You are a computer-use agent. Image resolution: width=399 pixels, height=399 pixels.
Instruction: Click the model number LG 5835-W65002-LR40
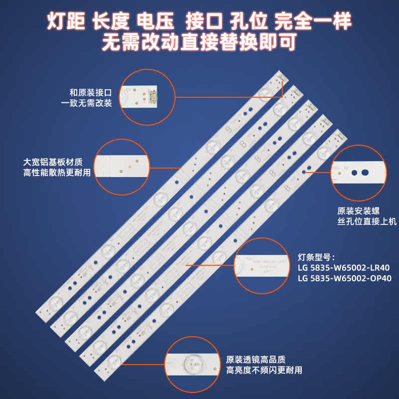[x=339, y=268]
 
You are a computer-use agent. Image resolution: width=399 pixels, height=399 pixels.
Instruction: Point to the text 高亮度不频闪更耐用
[x=263, y=371]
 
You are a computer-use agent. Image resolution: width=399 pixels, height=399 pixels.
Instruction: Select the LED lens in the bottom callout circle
[x=192, y=364]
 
